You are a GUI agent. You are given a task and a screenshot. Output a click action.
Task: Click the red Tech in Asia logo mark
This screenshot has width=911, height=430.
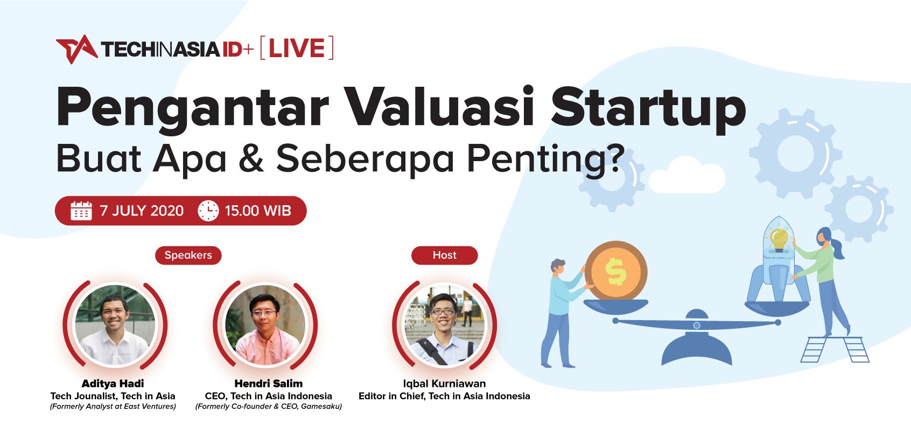(x=77, y=49)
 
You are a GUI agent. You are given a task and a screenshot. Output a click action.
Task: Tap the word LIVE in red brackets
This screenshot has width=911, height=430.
(x=297, y=48)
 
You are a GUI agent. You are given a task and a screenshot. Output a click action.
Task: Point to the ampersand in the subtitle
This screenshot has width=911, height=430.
(x=251, y=157)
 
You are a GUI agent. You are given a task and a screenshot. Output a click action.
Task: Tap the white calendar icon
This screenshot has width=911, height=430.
(x=81, y=211)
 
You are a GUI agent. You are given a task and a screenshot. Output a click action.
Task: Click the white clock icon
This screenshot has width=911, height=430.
(x=208, y=211)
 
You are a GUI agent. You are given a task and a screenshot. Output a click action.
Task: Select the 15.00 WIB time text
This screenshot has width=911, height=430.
(x=258, y=211)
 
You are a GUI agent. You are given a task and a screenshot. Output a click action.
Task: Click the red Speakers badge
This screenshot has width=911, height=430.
(x=188, y=255)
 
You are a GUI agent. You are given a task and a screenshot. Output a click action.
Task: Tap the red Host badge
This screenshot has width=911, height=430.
(x=445, y=255)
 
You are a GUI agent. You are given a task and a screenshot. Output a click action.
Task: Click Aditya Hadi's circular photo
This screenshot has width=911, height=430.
(x=115, y=325)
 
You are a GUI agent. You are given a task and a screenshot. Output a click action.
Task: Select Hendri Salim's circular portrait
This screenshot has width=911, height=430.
(x=265, y=325)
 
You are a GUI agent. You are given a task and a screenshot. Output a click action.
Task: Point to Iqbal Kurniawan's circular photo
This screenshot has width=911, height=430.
(x=444, y=325)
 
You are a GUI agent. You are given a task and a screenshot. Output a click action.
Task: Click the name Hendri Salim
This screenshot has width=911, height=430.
(x=269, y=384)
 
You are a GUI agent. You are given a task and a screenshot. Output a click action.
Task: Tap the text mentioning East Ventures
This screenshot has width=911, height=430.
(x=113, y=406)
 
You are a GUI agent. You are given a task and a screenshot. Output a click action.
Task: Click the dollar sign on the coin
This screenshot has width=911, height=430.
(x=615, y=272)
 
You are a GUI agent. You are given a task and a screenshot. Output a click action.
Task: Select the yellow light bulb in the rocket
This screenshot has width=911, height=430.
(x=779, y=240)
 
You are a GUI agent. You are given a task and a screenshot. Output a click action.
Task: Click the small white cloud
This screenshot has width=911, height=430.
(x=686, y=175)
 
